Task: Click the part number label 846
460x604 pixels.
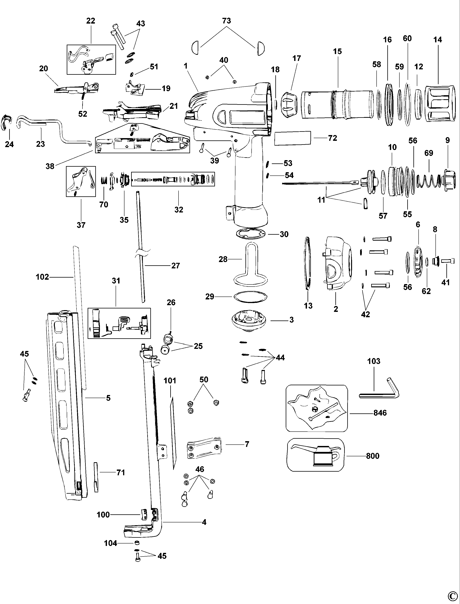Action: point(380,413)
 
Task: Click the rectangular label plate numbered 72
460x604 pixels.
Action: point(293,138)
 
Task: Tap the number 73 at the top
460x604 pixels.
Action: point(226,21)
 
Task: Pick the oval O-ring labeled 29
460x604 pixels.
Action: point(250,297)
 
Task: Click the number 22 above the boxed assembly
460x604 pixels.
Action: point(91,21)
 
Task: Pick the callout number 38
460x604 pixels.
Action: point(50,166)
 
